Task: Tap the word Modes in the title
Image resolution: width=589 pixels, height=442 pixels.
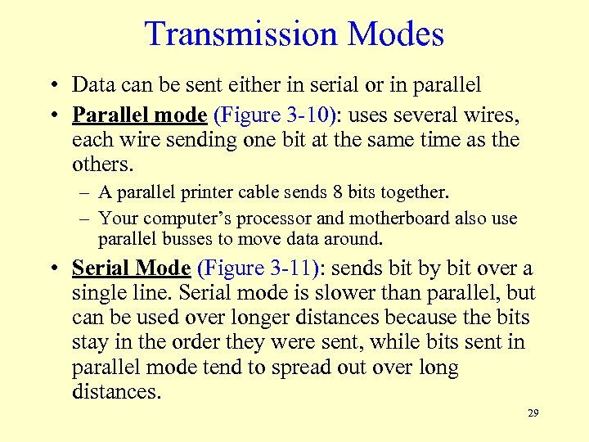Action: pyautogui.click(x=395, y=34)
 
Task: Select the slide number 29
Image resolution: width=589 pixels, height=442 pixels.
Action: pyautogui.click(x=533, y=413)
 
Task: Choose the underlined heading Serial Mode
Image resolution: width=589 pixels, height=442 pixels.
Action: pyautogui.click(x=131, y=268)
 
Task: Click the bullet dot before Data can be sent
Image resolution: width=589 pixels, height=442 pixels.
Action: pyautogui.click(x=52, y=85)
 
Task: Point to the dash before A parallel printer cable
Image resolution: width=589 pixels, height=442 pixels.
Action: pyautogui.click(x=84, y=193)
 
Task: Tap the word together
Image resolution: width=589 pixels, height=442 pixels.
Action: pyautogui.click(x=418, y=192)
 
